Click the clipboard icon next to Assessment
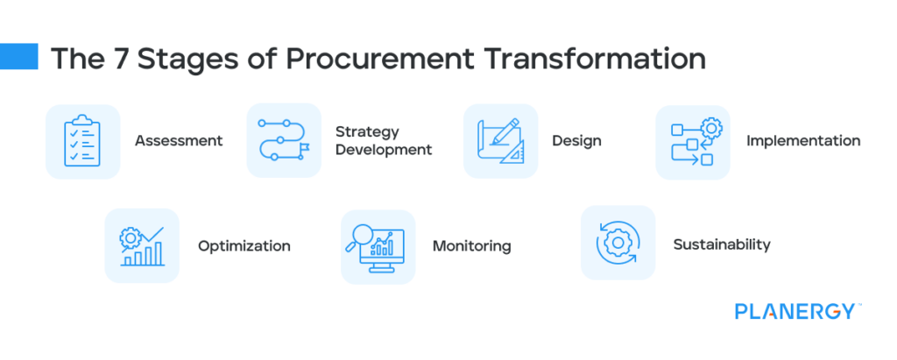pos(82,141)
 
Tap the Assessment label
pos(179,141)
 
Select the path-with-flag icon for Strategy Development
pos(284,141)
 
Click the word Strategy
pos(367,131)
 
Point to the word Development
pos(384,150)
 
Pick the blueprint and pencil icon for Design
pos(500,141)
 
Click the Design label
pos(576,141)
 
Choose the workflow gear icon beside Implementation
pos(693,143)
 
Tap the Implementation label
pos(803,140)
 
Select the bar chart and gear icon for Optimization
pos(142,246)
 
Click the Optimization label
pos(244,246)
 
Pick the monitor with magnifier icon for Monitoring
pos(378,247)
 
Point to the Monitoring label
pos(471,246)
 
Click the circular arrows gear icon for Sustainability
pos(618,243)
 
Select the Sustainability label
pos(722,244)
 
